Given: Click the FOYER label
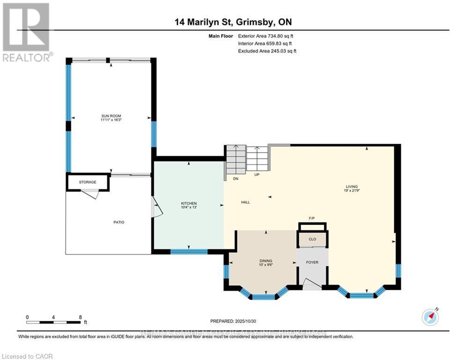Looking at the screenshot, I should (x=312, y=262).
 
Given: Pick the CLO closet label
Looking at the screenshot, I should (x=312, y=239).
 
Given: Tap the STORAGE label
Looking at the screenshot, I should (x=88, y=182).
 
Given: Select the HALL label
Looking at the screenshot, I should (x=245, y=202).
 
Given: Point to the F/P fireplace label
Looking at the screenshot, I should (x=312, y=218).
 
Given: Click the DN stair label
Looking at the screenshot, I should (x=236, y=179).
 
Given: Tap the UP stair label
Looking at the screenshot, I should (x=257, y=175).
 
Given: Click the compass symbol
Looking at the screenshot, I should (x=430, y=317).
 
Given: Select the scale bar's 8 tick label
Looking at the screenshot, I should (x=80, y=317).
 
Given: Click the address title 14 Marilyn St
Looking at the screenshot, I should (x=207, y=22).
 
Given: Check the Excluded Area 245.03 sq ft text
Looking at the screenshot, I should (x=267, y=51).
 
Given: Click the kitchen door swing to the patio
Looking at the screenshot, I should (x=157, y=208).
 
